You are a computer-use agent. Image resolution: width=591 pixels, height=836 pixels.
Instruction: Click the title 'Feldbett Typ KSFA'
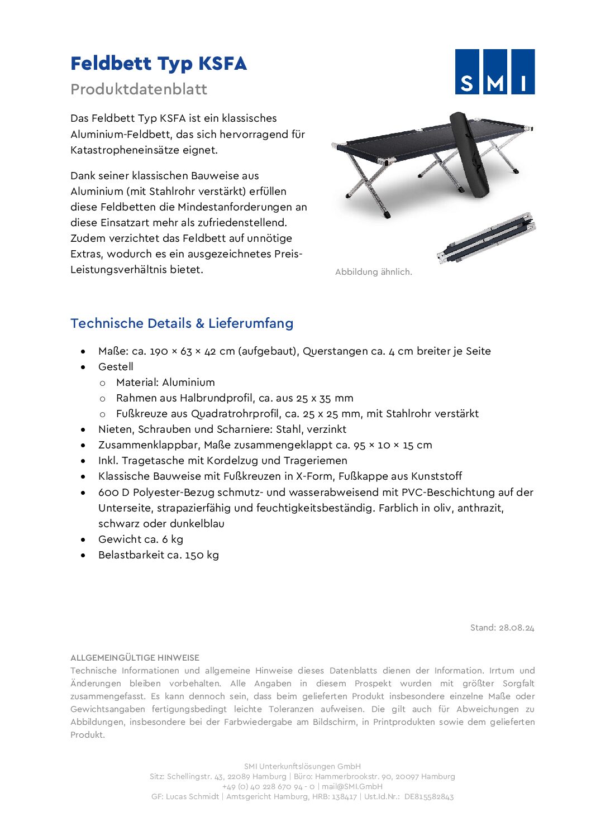click(x=158, y=64)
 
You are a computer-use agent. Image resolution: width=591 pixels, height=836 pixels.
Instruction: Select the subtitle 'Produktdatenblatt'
click(x=139, y=89)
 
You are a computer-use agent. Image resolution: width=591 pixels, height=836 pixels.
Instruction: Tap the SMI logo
click(x=494, y=71)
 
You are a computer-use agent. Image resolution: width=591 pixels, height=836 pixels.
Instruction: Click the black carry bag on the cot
click(x=469, y=154)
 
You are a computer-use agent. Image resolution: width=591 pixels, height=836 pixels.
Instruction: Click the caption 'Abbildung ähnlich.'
click(x=373, y=272)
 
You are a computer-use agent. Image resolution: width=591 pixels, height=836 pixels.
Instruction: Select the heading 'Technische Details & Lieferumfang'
click(x=182, y=323)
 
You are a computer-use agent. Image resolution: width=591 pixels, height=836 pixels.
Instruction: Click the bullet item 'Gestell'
click(x=116, y=367)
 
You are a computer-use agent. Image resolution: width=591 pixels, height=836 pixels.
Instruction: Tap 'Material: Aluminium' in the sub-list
click(x=165, y=383)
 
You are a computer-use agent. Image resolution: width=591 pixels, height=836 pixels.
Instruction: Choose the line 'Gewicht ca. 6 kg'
click(x=141, y=539)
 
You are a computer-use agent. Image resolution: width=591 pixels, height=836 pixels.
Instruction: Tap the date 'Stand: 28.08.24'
click(x=502, y=628)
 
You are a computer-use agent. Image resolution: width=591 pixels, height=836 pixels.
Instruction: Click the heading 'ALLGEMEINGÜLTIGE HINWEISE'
click(x=135, y=658)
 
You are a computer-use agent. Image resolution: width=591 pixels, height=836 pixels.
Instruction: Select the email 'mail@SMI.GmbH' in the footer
click(x=352, y=786)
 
